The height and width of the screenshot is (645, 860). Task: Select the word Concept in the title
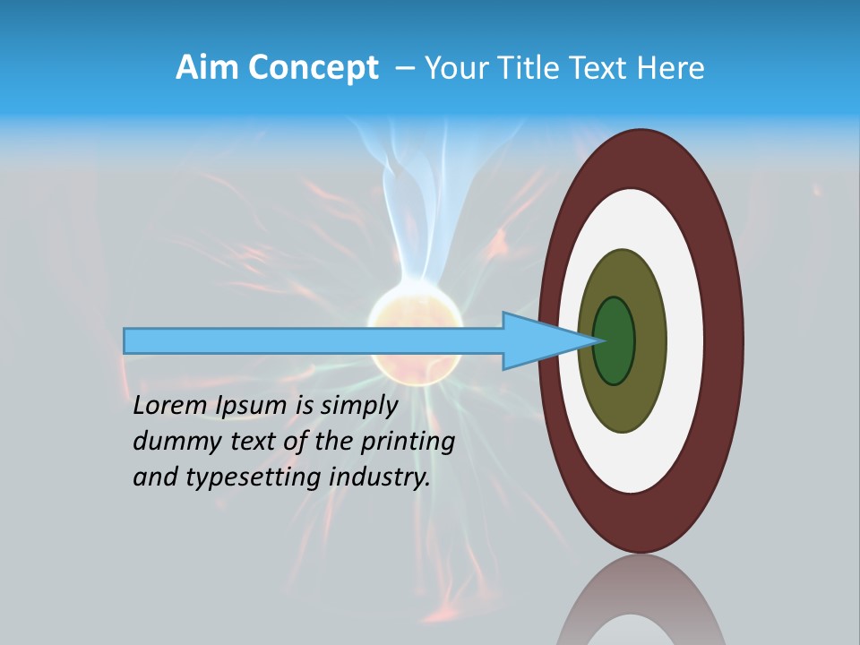click(x=314, y=68)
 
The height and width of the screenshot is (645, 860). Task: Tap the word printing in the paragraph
click(x=407, y=443)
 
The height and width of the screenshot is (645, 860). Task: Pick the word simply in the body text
click(x=358, y=407)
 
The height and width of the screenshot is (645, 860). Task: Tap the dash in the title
click(x=404, y=68)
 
